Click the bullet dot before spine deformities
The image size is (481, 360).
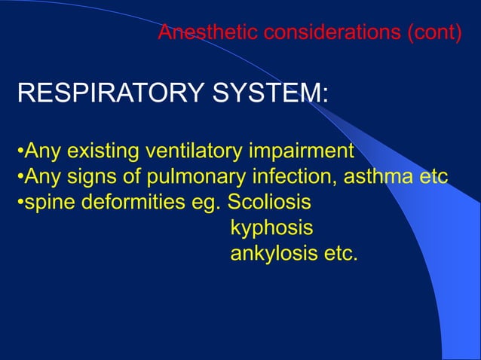coord(20,203)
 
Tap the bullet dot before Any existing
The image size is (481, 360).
coord(20,151)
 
